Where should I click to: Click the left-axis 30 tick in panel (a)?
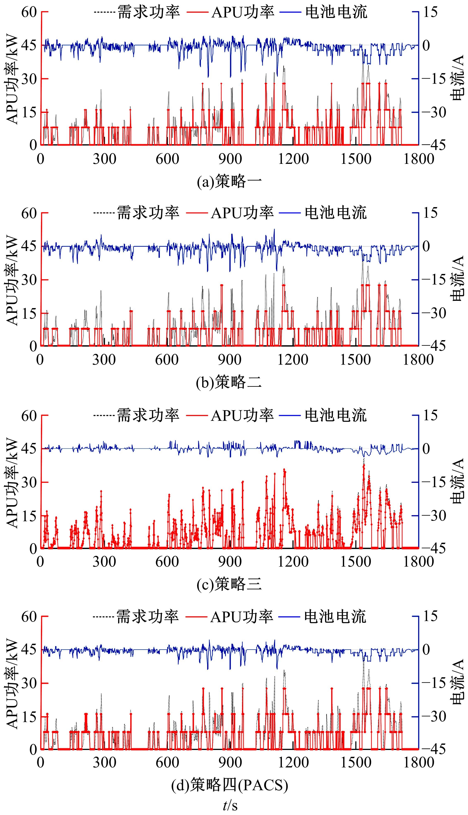pyautogui.click(x=30, y=79)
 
